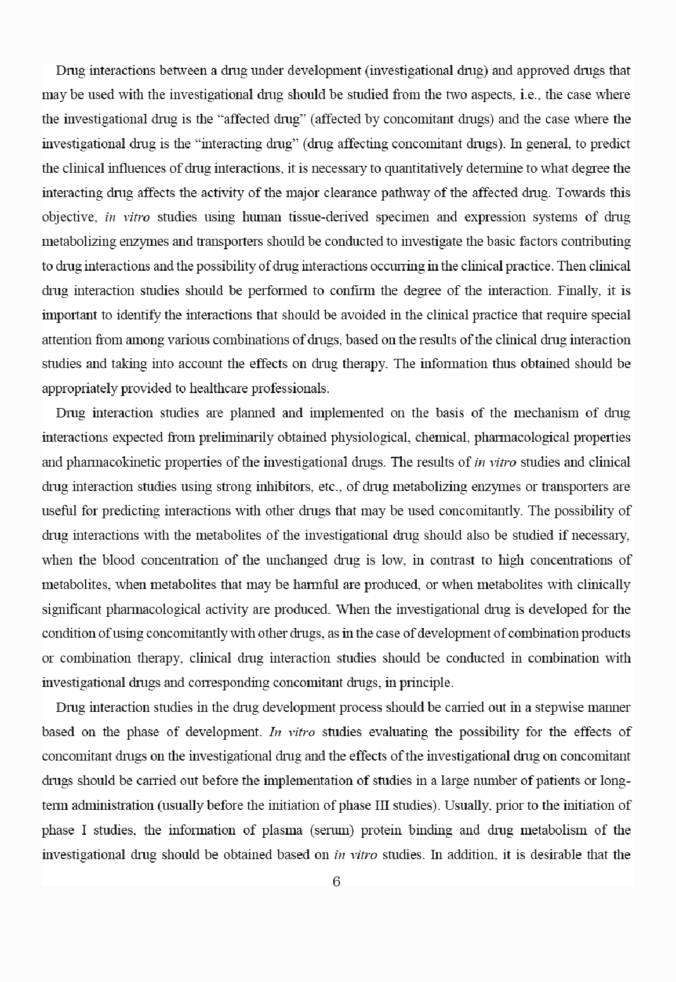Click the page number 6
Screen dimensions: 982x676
tap(337, 882)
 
